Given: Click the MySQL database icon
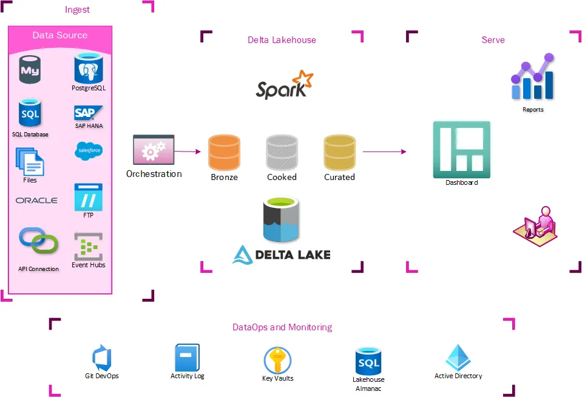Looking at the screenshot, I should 30,70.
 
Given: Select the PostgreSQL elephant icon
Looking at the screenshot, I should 89,68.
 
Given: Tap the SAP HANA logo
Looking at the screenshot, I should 89,113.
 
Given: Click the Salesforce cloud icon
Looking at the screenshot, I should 89,151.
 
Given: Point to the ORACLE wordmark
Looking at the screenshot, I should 36,201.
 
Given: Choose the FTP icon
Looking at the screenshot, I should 89,197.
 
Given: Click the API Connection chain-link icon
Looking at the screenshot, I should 38,241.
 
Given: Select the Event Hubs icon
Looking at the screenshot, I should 89,247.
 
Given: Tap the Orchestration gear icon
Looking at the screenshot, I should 154,150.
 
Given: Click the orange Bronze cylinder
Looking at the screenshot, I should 225,152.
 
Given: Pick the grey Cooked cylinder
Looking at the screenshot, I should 282,152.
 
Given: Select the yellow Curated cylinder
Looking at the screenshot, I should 339,152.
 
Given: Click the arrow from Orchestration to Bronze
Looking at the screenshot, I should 188,152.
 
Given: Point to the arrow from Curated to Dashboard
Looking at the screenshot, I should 385,152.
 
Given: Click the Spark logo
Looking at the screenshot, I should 284,85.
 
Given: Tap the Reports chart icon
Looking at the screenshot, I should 533,78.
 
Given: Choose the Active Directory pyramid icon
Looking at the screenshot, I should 458,358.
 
